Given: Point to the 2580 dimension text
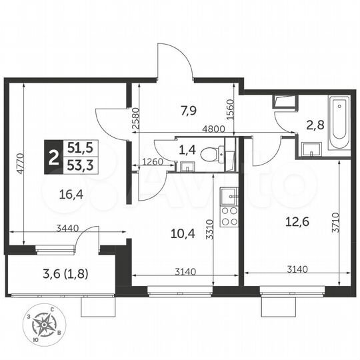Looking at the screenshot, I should point(136,118).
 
